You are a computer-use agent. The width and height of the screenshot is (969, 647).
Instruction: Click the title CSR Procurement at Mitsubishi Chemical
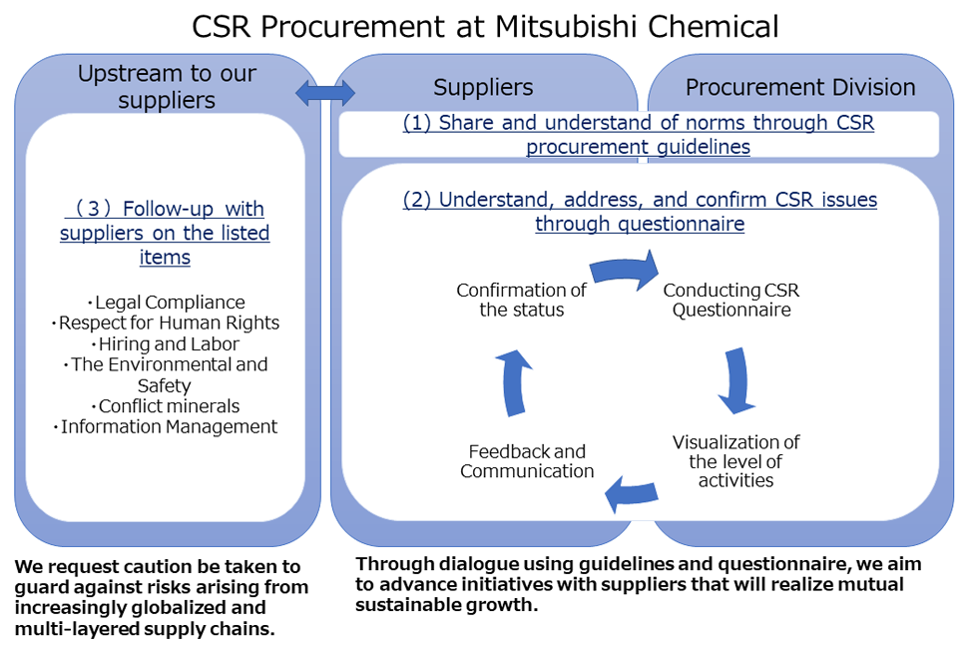[485, 26]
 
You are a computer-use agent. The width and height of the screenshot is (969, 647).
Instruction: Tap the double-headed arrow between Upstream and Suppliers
[325, 93]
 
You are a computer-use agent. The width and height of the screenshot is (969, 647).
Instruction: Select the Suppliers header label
[483, 88]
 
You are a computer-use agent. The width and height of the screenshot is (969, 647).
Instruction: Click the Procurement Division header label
[800, 88]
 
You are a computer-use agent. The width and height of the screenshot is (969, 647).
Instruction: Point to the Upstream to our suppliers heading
[167, 87]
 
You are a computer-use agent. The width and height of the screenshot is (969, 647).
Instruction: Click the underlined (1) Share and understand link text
[638, 135]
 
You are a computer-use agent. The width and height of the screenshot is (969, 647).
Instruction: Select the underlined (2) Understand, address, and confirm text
[640, 211]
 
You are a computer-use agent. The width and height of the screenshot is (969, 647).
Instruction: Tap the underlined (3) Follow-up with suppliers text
[165, 233]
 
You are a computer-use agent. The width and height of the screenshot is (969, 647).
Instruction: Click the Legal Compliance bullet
[166, 302]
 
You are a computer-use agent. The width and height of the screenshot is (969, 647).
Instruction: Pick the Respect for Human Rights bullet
[166, 323]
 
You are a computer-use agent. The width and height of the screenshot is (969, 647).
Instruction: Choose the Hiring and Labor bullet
[166, 343]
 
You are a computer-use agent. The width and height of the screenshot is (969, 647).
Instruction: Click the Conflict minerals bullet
[166, 406]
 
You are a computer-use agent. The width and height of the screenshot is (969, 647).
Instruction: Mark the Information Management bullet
[166, 427]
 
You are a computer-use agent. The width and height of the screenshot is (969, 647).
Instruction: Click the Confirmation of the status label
[521, 300]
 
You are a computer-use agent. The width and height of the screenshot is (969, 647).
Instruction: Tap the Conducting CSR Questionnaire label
[731, 300]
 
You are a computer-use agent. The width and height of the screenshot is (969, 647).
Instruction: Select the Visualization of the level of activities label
[735, 461]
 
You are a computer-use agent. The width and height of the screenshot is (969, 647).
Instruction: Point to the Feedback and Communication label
[527, 461]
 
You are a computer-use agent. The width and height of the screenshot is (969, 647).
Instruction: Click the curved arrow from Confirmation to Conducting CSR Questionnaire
[625, 271]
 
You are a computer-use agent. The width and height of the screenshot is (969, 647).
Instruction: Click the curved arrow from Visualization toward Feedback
[631, 490]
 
